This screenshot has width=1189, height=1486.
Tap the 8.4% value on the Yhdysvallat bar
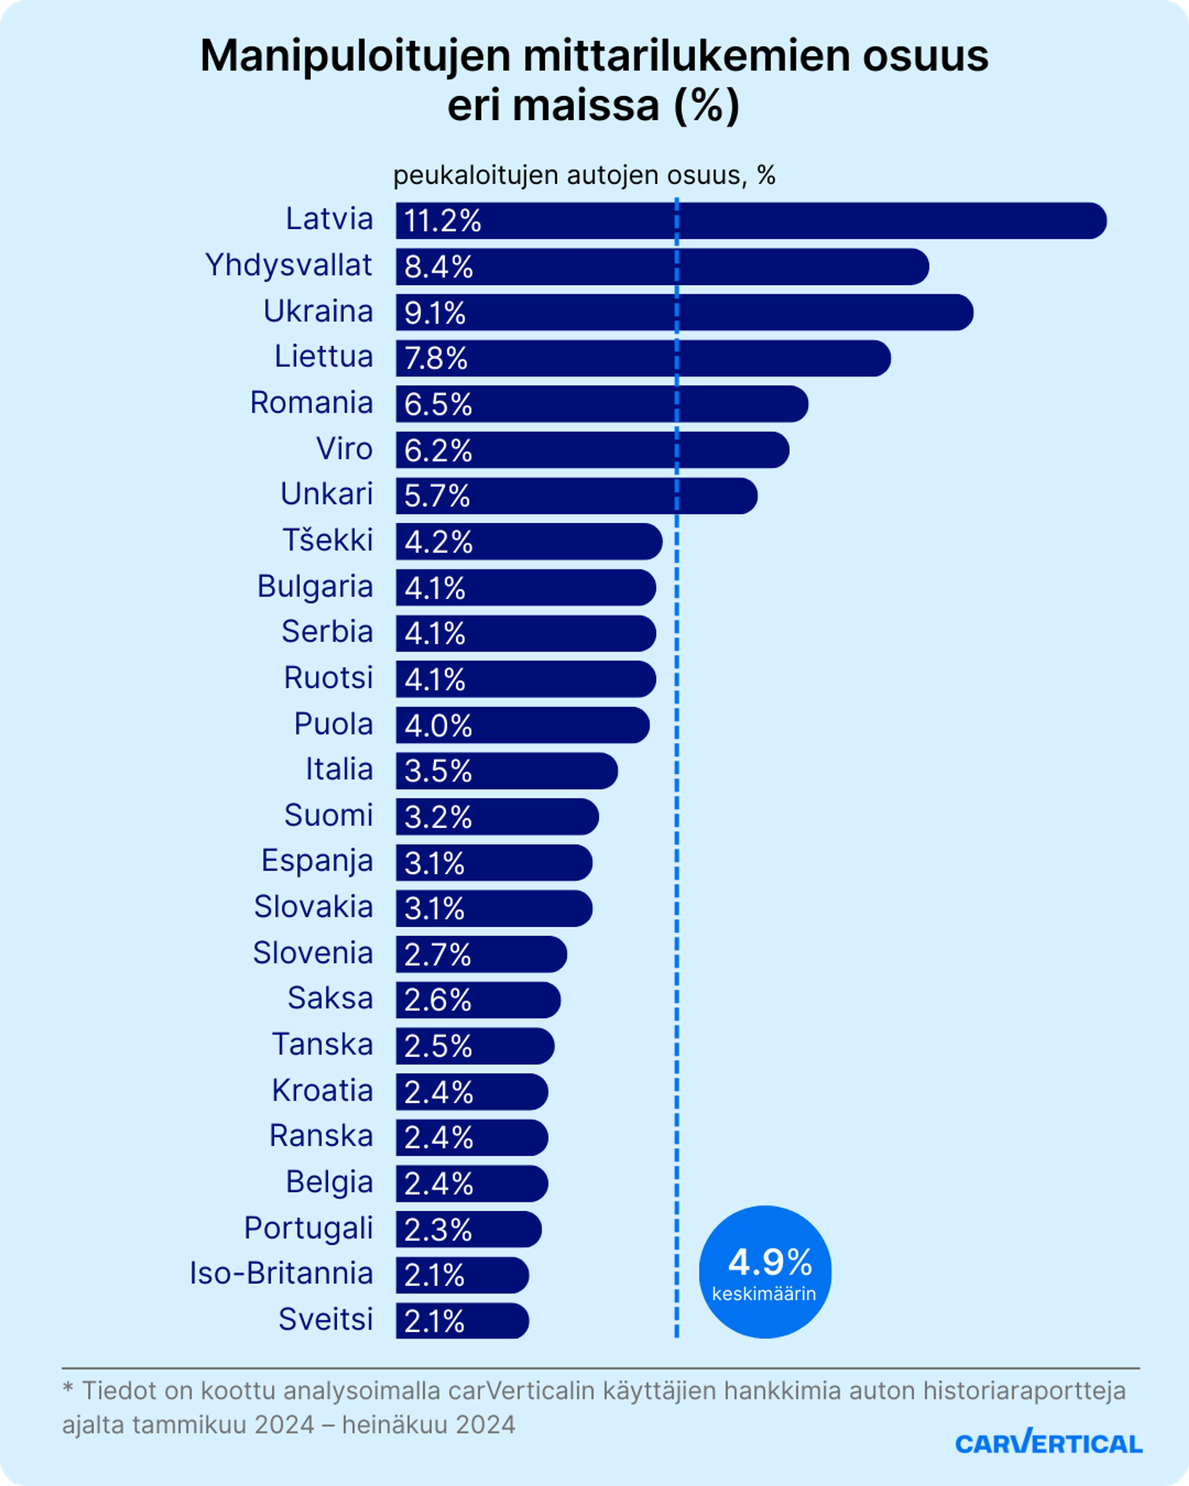click(x=438, y=267)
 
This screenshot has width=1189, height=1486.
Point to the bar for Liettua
click(x=642, y=358)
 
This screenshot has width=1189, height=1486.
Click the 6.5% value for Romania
click(x=438, y=405)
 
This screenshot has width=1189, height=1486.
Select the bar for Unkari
click(x=576, y=496)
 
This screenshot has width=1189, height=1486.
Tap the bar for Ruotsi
click(x=525, y=679)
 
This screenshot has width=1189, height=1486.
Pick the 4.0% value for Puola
click(x=438, y=726)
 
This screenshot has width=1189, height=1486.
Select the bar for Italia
click(x=507, y=771)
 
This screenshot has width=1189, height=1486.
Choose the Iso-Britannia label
click(x=281, y=1274)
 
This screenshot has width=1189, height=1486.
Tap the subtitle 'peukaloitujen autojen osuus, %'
click(x=584, y=176)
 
